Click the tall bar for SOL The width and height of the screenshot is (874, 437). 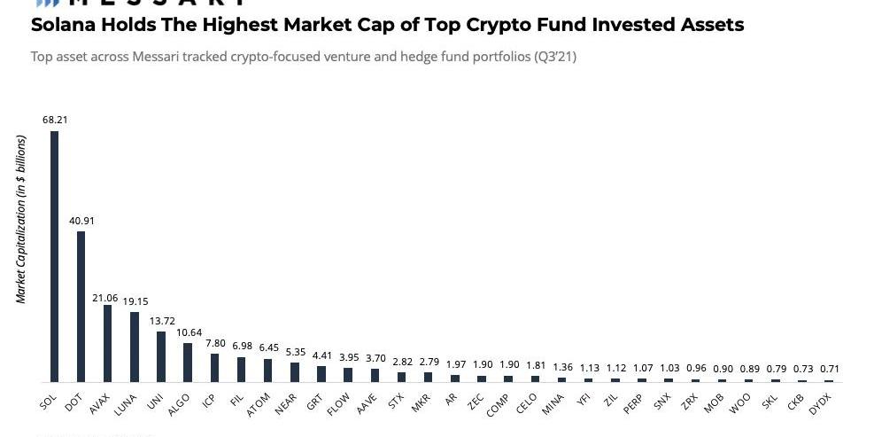(54, 256)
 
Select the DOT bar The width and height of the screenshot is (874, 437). (81, 307)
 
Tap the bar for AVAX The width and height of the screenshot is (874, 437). (107, 343)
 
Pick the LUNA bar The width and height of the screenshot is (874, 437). (135, 347)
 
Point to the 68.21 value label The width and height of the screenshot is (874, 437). (53, 119)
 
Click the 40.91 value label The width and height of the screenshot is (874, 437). (81, 220)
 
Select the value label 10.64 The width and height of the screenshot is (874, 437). (188, 332)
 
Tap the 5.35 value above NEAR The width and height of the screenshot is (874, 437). (295, 351)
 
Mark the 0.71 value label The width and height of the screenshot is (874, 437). (828, 369)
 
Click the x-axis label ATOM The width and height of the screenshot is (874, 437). (259, 404)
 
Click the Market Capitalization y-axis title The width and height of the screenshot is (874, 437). (21, 219)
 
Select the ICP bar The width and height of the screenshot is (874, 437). (214, 368)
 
